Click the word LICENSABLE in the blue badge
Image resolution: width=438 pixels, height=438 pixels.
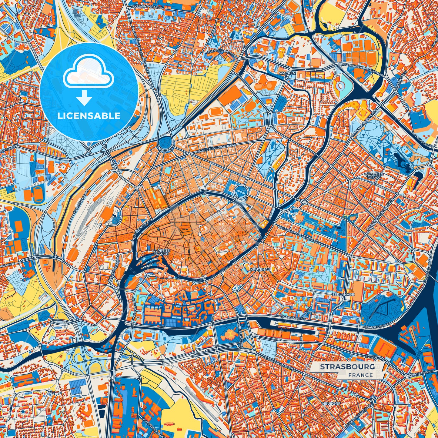pos(89,116)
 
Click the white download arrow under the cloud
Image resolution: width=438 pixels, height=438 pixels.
pos(84,98)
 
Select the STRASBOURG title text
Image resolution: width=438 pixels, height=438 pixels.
pos(347,367)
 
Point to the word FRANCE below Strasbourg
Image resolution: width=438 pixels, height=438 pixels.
pos(360,375)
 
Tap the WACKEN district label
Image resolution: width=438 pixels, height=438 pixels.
pos(287,73)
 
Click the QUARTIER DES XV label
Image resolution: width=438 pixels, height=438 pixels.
pos(374,176)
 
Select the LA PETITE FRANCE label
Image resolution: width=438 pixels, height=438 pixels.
pos(160,252)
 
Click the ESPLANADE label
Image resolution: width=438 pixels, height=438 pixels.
pos(343,294)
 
